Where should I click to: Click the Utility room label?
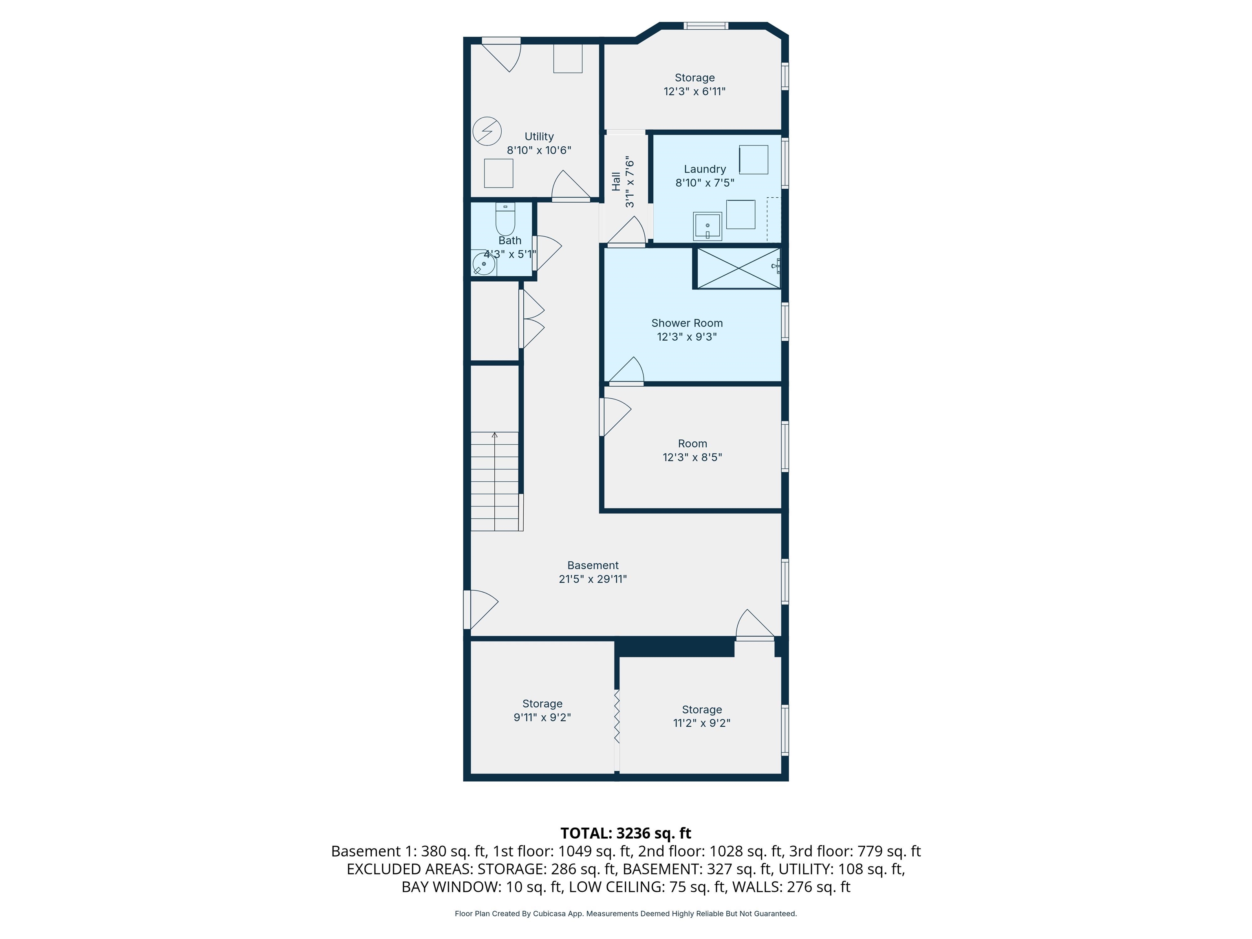[x=539, y=137]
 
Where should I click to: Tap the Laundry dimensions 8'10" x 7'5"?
[x=705, y=183]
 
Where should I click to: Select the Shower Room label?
[x=687, y=323]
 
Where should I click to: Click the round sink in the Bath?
[x=484, y=264]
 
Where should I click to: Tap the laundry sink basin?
[x=708, y=227]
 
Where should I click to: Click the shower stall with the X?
[x=738, y=268]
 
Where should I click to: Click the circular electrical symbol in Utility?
[x=487, y=131]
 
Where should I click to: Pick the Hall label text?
[x=616, y=182]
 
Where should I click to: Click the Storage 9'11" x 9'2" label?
[x=542, y=710]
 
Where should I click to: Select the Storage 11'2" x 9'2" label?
[x=702, y=716]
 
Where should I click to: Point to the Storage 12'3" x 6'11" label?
[x=694, y=84]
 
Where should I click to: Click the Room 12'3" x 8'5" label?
[x=693, y=450]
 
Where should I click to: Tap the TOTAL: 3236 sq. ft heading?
[x=626, y=833]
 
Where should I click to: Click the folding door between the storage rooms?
[x=617, y=716]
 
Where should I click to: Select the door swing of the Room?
[x=616, y=417]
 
